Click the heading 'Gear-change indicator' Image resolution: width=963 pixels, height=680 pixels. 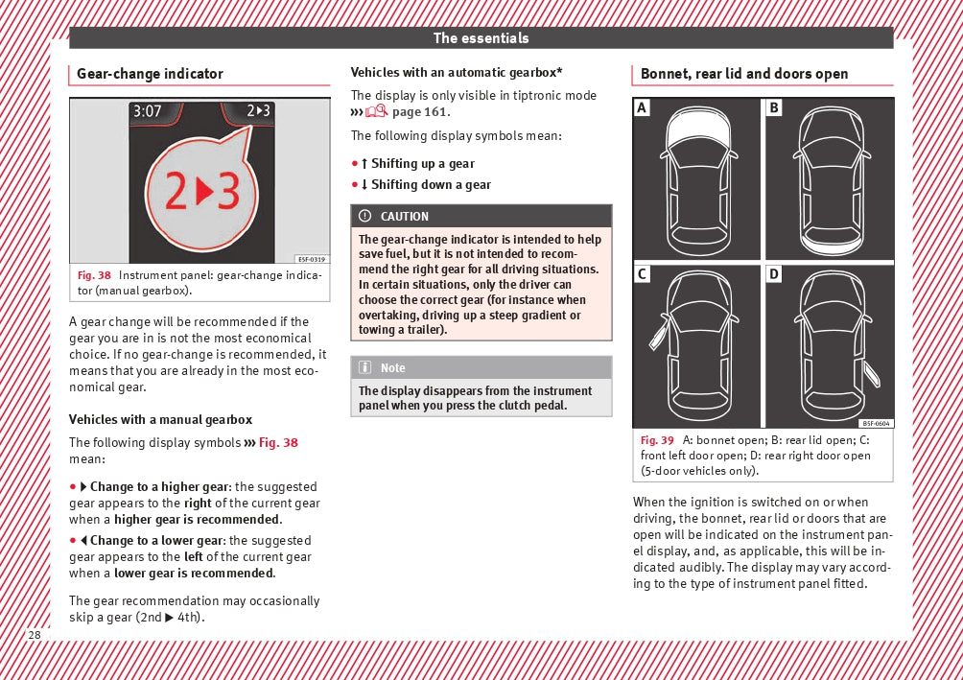click(x=150, y=74)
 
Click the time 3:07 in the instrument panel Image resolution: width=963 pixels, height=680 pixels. click(x=148, y=111)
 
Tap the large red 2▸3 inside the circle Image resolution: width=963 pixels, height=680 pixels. click(x=201, y=193)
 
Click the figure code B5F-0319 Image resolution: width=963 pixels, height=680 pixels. click(x=311, y=259)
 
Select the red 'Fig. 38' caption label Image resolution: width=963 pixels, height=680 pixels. click(x=94, y=276)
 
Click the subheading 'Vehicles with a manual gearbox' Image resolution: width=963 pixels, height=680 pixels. click(x=160, y=420)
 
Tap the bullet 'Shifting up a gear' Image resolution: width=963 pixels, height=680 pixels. click(x=422, y=164)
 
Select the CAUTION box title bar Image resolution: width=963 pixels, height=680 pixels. click(x=481, y=216)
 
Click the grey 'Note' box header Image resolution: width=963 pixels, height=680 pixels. click(x=481, y=368)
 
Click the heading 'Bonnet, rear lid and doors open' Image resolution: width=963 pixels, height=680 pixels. click(x=744, y=74)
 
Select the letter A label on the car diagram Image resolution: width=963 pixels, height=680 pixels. click(x=643, y=108)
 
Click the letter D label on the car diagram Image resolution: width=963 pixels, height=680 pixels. click(x=774, y=275)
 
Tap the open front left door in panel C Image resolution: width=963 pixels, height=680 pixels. click(x=658, y=336)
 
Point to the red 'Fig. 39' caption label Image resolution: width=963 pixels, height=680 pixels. click(x=657, y=440)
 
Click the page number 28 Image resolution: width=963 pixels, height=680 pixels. click(x=35, y=635)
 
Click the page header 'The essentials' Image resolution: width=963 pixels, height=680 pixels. click(x=481, y=38)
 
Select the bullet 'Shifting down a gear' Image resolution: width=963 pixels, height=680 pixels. click(x=431, y=185)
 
